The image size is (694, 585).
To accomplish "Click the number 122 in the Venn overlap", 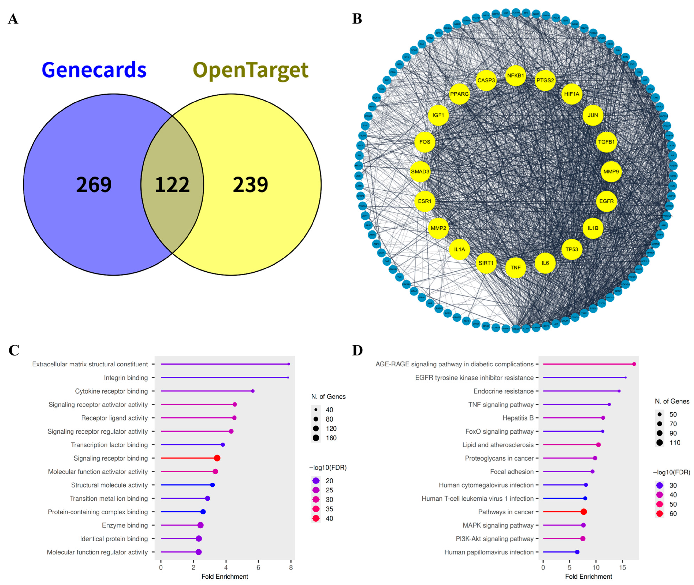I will [x=172, y=185].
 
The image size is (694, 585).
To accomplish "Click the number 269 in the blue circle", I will [x=94, y=185].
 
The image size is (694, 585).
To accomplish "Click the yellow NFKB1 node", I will [x=515, y=76].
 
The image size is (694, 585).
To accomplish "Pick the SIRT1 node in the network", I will [x=486, y=263].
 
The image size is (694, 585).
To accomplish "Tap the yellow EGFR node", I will [x=606, y=201].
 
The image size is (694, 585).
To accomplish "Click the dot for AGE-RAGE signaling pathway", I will [x=634, y=364].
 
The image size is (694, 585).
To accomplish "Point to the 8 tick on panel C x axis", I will [x=291, y=567].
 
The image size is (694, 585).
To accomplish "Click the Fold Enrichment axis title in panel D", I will [x=589, y=576].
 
